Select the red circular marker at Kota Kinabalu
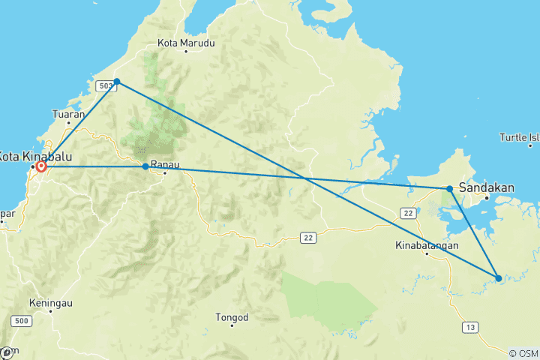(41, 166)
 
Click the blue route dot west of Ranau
(145, 166)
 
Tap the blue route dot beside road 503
(117, 81)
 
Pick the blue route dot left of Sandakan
(449, 189)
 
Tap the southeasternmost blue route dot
(499, 278)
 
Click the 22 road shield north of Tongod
(307, 238)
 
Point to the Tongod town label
(232, 317)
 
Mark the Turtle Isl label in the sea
(523, 137)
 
